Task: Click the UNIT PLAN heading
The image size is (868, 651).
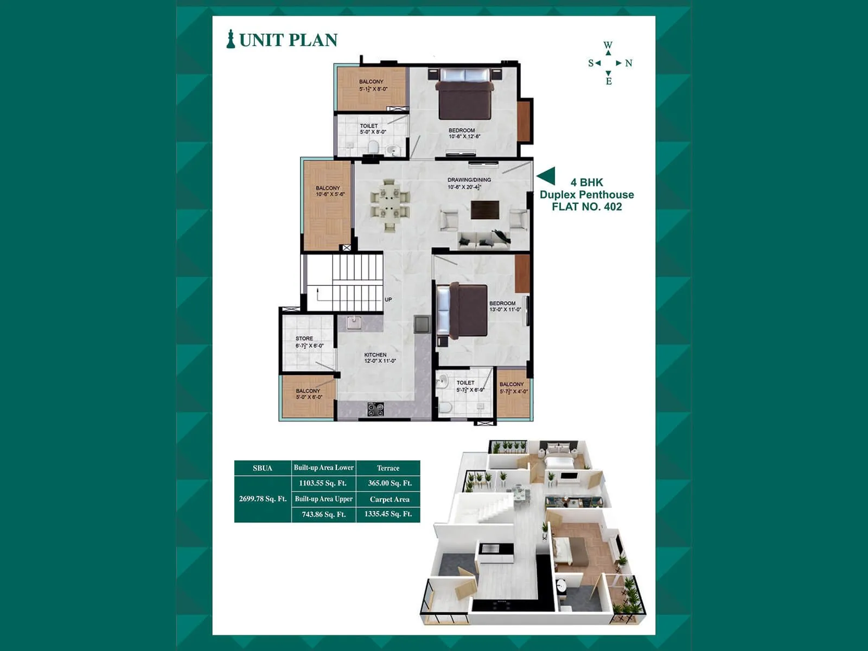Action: click(x=288, y=40)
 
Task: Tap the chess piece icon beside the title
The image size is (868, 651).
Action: click(x=231, y=39)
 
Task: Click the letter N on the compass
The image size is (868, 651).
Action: click(x=628, y=63)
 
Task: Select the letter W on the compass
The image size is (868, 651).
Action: click(x=608, y=45)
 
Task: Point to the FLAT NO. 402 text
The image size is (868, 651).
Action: click(x=587, y=207)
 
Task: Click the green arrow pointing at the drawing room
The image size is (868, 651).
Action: click(x=546, y=176)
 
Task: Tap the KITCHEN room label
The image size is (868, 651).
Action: click(x=375, y=355)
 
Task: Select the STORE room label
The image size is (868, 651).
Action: click(x=304, y=339)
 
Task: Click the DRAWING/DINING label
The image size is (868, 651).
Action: click(x=469, y=180)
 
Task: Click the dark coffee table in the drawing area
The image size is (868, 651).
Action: click(x=485, y=210)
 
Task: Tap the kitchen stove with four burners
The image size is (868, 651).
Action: click(x=375, y=410)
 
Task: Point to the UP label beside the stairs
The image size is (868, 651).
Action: click(x=388, y=299)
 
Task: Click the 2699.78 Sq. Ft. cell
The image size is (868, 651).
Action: click(x=263, y=499)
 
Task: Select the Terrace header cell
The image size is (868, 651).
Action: click(x=388, y=468)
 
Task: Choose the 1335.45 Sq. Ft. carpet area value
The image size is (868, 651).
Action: click(x=388, y=514)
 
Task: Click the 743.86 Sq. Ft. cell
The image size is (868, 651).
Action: click(x=323, y=515)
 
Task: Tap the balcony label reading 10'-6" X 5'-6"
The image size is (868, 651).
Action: click(x=330, y=194)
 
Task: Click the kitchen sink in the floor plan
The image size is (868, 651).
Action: click(x=354, y=323)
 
